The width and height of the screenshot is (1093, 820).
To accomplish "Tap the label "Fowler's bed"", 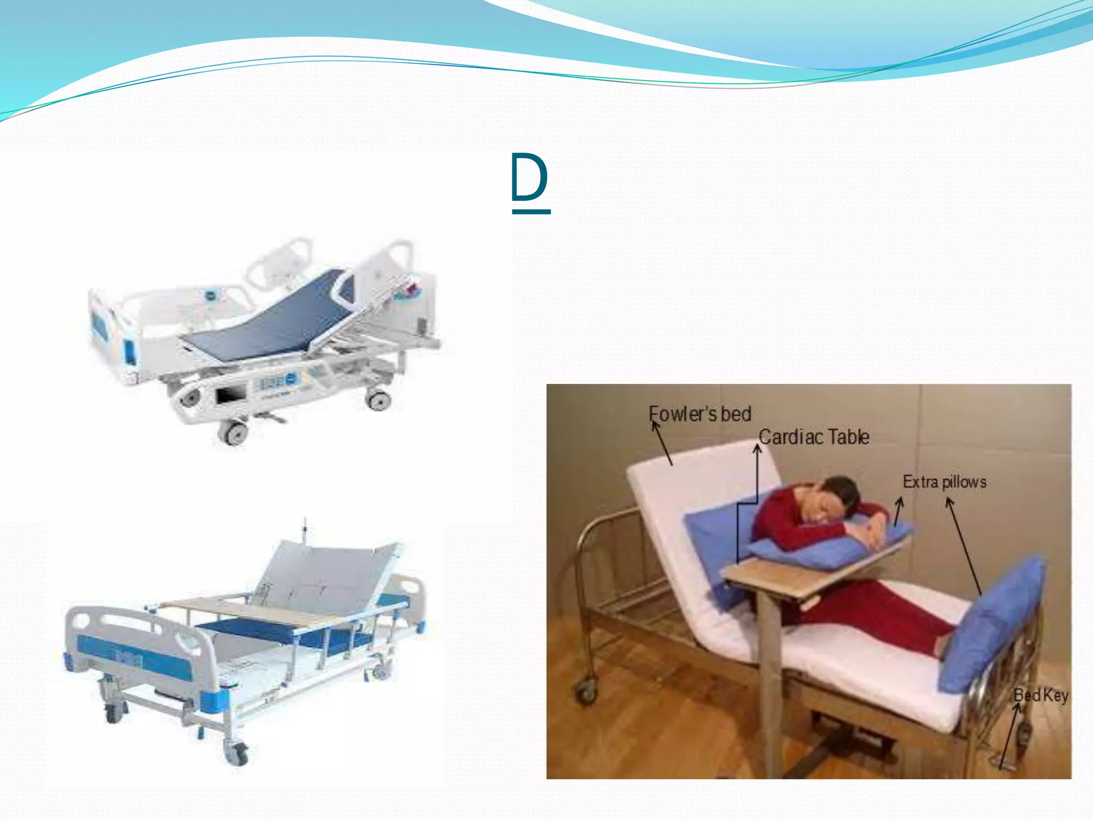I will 700,414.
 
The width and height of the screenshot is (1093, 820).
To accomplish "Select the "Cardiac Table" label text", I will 814,437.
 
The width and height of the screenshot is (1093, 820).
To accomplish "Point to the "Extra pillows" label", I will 944,482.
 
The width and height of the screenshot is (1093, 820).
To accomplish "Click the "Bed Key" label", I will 1040,695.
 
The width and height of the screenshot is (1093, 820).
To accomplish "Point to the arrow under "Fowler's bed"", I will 662,443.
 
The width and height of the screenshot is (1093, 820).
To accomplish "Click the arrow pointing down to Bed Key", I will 1009,737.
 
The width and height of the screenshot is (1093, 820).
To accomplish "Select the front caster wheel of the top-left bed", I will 234,432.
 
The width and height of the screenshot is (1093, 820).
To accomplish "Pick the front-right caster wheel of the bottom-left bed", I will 235,753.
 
